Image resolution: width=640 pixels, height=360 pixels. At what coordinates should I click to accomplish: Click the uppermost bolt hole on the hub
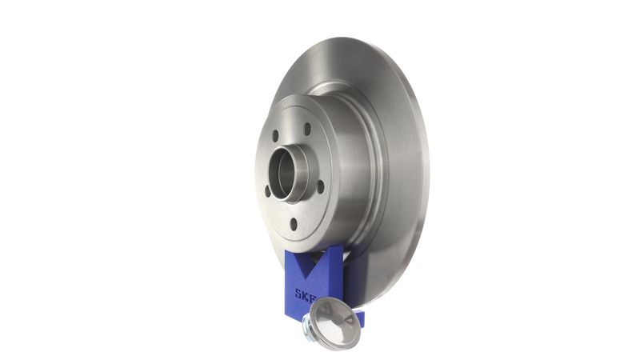click(307, 129)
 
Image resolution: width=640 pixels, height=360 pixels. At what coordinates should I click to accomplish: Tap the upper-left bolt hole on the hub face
click(275, 136)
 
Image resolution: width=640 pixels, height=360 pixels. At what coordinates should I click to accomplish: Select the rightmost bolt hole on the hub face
click(321, 187)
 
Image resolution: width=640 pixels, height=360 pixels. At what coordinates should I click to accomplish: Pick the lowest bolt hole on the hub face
click(294, 224)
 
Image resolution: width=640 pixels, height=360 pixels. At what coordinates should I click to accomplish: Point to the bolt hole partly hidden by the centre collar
click(267, 191)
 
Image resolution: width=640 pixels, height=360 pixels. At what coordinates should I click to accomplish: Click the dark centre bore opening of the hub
click(282, 174)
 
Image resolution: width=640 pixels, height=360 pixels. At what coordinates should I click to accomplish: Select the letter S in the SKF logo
click(298, 294)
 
